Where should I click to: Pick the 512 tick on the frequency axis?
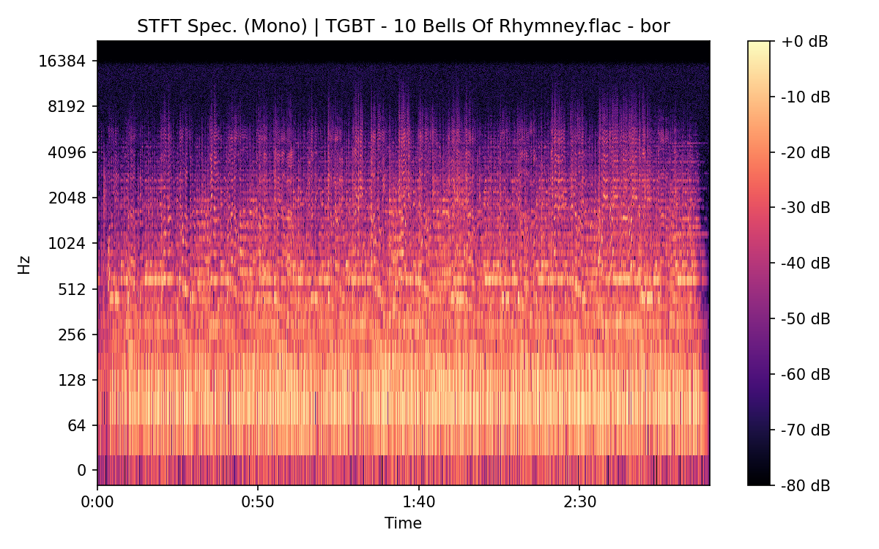tap(73, 289)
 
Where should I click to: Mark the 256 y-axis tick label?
tap(73, 335)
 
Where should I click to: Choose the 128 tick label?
tap(73, 381)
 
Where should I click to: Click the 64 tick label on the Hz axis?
tap(77, 426)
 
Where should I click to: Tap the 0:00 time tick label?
tap(97, 504)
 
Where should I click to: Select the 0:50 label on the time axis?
tap(258, 504)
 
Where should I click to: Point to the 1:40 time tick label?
tap(418, 504)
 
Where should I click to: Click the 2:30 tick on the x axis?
tap(579, 504)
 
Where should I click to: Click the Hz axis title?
tap(24, 264)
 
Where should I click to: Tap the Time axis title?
tap(403, 523)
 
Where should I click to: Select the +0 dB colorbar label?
tap(804, 42)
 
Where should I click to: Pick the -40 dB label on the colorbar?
tap(806, 264)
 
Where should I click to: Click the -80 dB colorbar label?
tap(806, 485)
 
